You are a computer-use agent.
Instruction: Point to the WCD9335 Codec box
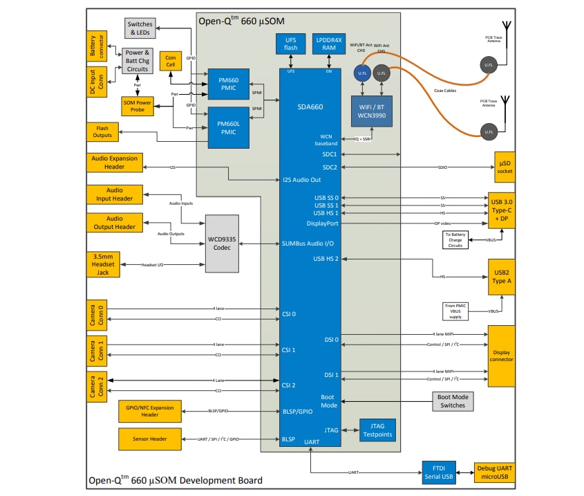[221, 243]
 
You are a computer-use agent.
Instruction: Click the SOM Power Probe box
[138, 106]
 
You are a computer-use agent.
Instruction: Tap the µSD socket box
[505, 167]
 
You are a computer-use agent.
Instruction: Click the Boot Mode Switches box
[452, 402]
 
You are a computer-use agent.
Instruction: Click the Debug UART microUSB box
[495, 472]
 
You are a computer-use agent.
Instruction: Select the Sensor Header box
[150, 438]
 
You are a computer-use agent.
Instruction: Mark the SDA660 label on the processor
[310, 107]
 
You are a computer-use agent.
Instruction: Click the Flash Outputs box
[102, 131]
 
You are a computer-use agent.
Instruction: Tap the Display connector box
[502, 355]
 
